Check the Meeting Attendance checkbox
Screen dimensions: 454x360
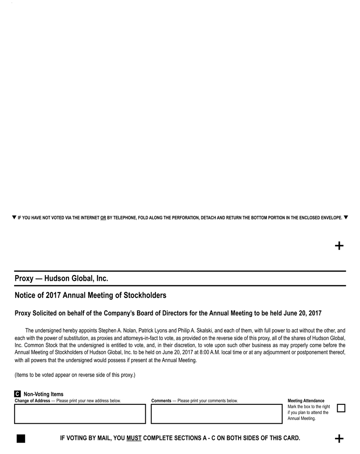point(341,408)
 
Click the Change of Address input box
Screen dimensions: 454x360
point(79,414)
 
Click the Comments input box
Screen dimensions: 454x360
point(216,414)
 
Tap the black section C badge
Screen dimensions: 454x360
point(17,394)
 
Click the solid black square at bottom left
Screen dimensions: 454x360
point(20,439)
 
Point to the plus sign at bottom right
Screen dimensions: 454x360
point(339,439)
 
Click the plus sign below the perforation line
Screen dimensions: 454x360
point(339,246)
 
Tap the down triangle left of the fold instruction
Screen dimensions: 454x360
point(14,217)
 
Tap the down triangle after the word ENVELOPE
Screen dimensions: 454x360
point(346,217)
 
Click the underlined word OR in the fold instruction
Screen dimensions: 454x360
point(103,218)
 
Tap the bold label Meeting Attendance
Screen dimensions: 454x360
point(306,401)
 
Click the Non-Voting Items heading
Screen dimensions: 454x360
point(43,394)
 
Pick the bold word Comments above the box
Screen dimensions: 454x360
point(161,401)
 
